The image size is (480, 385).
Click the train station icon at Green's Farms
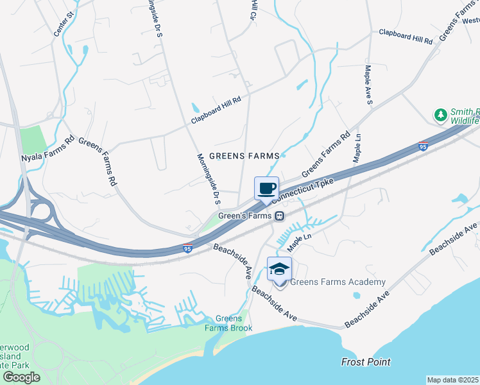coord(280,216)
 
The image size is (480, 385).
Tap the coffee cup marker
coord(267,189)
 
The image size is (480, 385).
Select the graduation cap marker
coord(279,268)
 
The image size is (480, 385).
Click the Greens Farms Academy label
coord(338,282)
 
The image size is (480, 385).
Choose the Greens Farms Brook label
coord(228,323)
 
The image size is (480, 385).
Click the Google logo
coord(21,377)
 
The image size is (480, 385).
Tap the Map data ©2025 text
coord(453,380)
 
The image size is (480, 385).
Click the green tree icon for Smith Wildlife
coord(441,115)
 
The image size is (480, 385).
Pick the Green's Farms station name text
coord(246,216)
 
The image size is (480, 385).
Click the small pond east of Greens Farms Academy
coord(356,296)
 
